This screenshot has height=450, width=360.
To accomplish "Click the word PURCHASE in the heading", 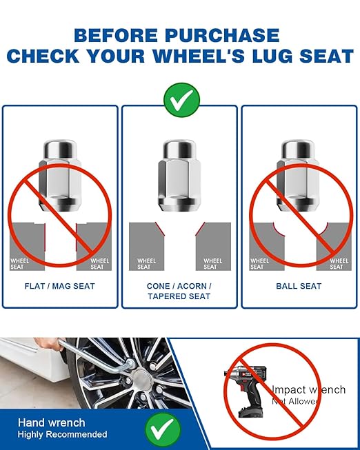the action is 222,35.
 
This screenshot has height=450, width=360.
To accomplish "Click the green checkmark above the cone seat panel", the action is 181,100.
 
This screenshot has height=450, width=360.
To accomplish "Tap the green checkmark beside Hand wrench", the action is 163,429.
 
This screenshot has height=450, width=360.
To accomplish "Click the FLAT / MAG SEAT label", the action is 60,286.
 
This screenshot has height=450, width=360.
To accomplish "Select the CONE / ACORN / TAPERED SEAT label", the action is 179,291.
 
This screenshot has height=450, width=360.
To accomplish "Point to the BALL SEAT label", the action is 299,286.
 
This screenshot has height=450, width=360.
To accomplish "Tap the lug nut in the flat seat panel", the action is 60,176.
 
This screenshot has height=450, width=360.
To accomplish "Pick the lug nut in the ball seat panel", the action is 298,176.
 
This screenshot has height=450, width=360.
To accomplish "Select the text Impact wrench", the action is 308,389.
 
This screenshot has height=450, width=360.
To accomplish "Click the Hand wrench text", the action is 52,422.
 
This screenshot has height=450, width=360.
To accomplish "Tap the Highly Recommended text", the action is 62,434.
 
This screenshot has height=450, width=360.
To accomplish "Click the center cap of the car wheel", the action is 143,376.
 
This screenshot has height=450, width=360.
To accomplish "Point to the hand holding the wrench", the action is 48,343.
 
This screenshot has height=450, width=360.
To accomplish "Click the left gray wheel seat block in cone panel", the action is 146,247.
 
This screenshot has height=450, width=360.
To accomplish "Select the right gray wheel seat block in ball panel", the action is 334,247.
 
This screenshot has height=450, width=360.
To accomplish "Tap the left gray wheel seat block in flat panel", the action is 28,247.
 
